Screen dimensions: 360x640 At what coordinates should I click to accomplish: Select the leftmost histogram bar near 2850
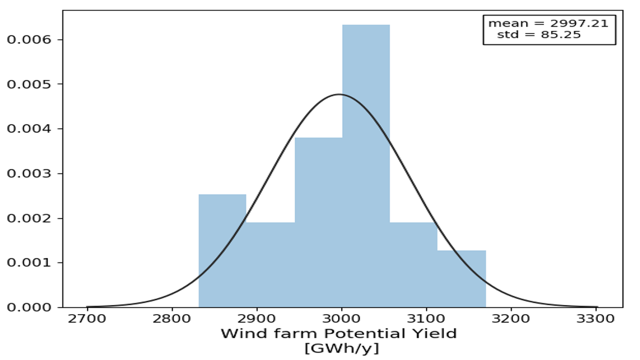coord(222,251)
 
